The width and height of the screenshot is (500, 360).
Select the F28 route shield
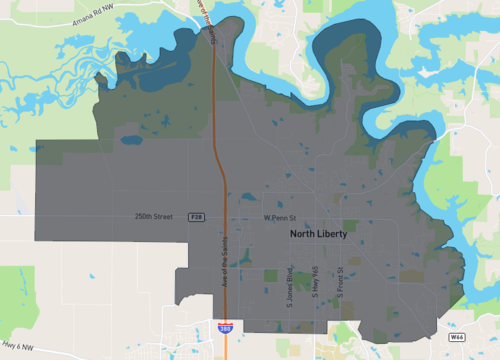coord(198,217)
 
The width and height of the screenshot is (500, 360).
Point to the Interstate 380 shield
coord(226,326)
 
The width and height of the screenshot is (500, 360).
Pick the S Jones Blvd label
coord(290,282)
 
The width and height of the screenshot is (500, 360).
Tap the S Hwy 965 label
coord(315,282)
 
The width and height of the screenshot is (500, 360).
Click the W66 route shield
coord(456,338)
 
